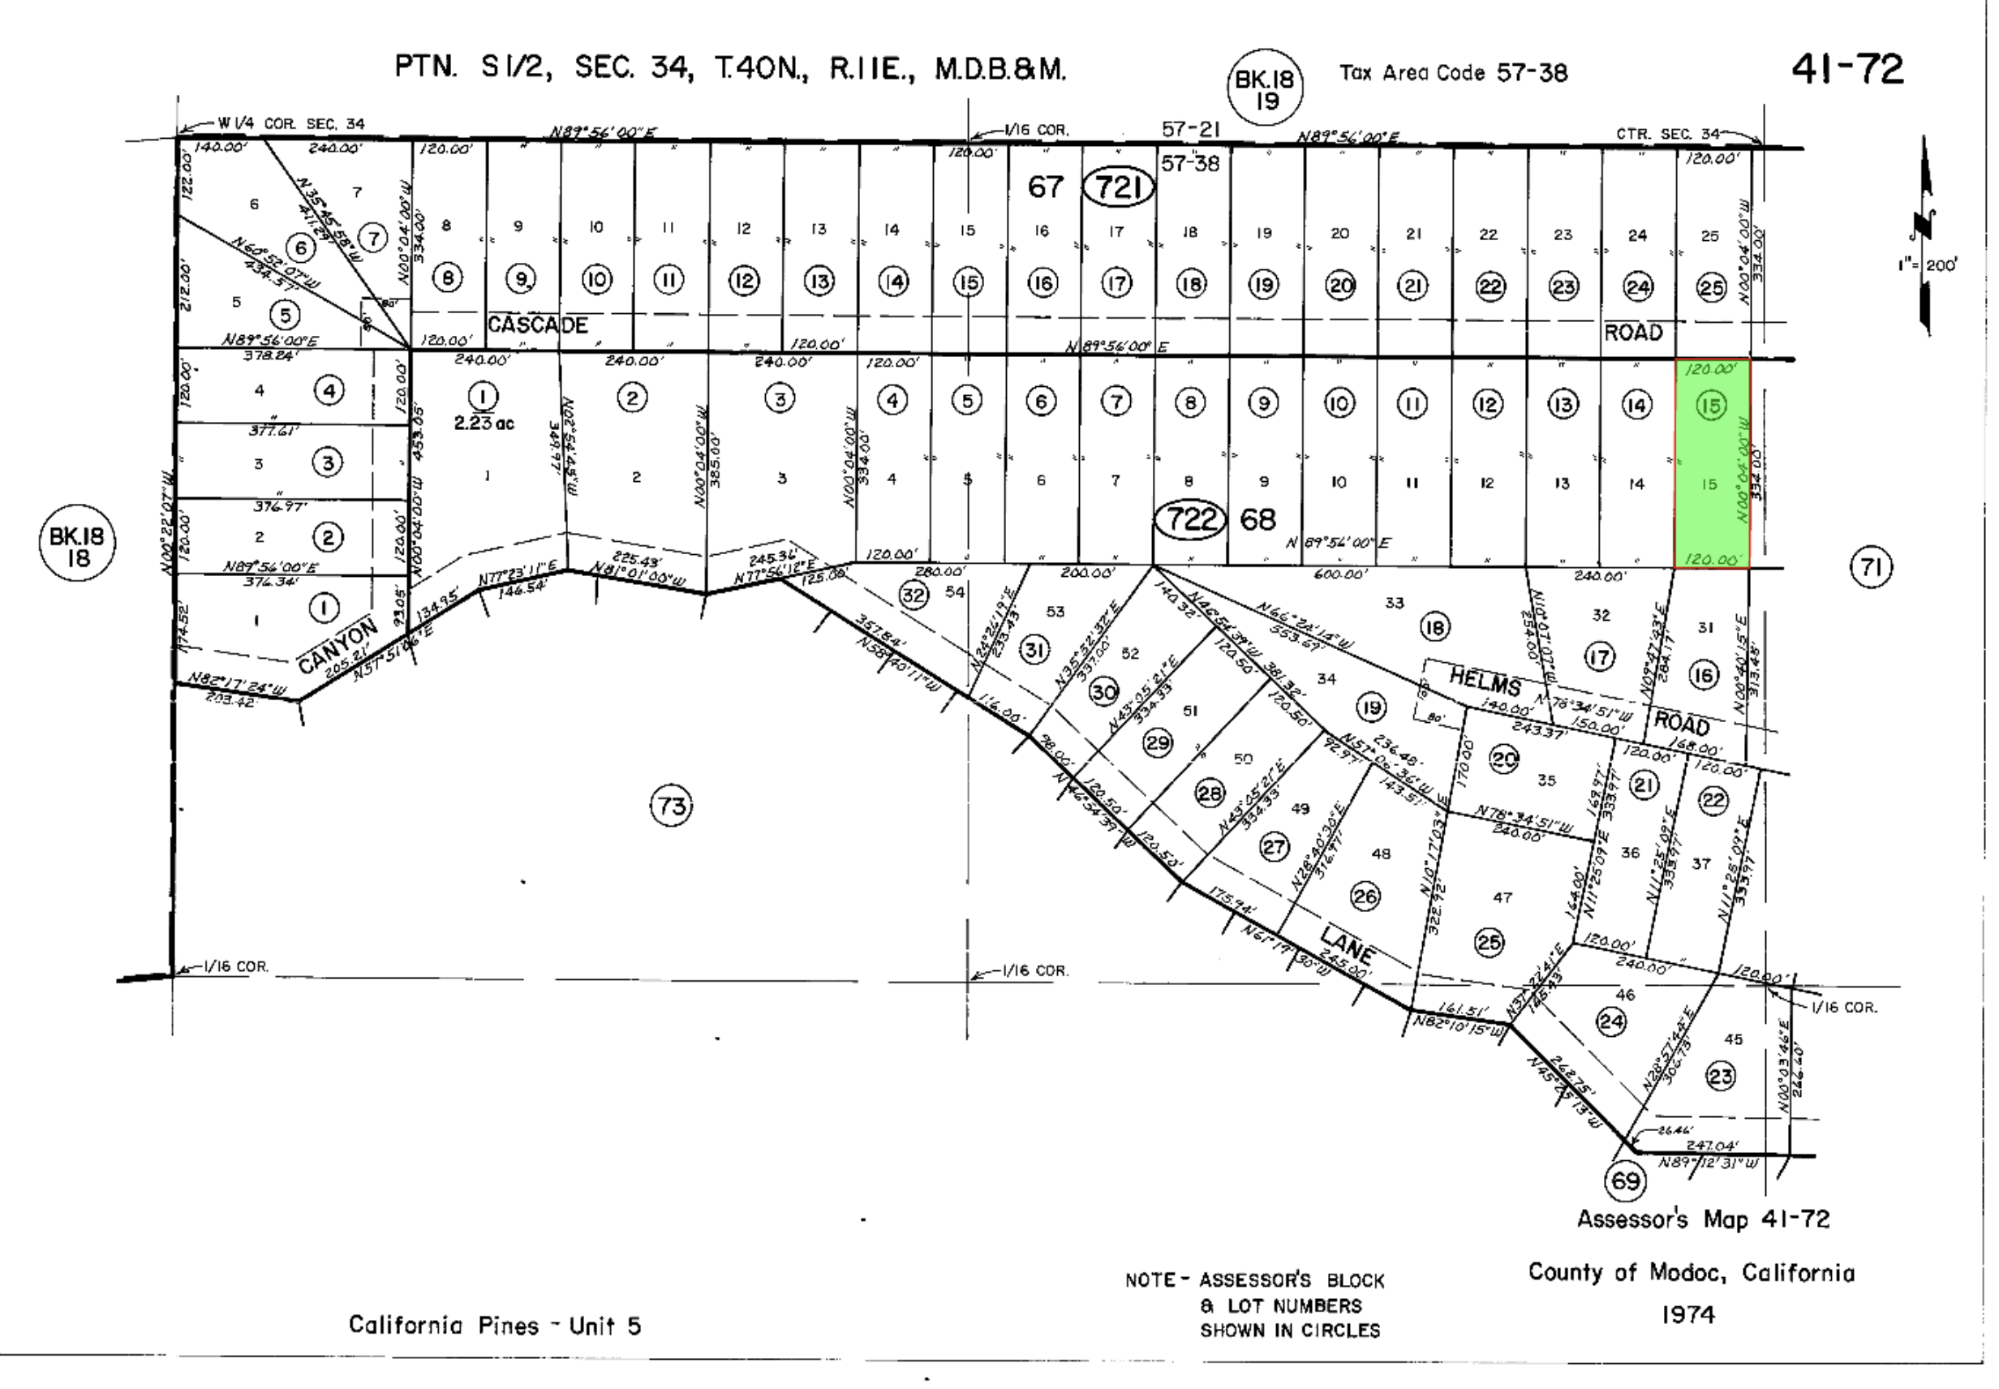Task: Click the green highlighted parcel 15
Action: pyautogui.click(x=1711, y=464)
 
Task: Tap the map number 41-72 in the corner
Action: pyautogui.click(x=1846, y=70)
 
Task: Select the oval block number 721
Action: pyautogui.click(x=1118, y=187)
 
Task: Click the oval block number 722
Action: pyautogui.click(x=1189, y=519)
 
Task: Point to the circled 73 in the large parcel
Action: pyautogui.click(x=671, y=806)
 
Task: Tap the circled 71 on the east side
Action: pyautogui.click(x=1871, y=568)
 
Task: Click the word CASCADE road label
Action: pyautogui.click(x=537, y=325)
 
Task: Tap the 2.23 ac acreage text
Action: pyautogui.click(x=483, y=424)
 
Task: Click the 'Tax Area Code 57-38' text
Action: pyautogui.click(x=1452, y=73)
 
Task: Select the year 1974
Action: pyautogui.click(x=1687, y=1314)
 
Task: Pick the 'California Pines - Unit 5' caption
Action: pyautogui.click(x=494, y=1326)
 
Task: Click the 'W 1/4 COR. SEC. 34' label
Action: pyautogui.click(x=290, y=124)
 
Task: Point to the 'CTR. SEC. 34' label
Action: pyautogui.click(x=1666, y=134)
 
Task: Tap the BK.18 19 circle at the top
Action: pyautogui.click(x=1265, y=88)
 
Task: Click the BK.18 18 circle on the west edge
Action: pyautogui.click(x=76, y=546)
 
